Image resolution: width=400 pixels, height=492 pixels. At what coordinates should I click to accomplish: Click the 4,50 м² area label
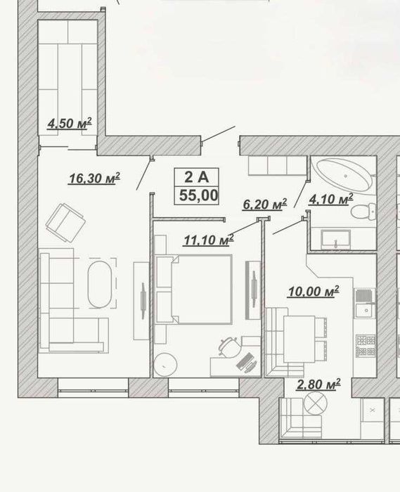point(70,123)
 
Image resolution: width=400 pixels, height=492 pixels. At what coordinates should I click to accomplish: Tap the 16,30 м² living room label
point(94,178)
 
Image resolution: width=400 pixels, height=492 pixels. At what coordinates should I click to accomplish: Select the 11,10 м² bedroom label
point(209,240)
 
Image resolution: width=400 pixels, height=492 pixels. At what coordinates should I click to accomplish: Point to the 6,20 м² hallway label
point(265,205)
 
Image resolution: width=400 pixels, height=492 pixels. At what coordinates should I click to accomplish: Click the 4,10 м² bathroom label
point(331,199)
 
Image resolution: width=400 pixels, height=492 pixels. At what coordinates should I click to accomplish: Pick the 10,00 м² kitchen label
point(314,291)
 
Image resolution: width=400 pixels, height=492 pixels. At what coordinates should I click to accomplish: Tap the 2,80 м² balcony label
point(318,384)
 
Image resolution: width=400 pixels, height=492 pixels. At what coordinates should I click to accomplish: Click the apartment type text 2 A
point(196,177)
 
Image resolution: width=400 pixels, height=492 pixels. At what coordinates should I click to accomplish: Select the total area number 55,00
point(198,195)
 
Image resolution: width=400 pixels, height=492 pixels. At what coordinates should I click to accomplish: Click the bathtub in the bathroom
point(344,175)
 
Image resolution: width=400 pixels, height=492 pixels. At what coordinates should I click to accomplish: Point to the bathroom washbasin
point(335,240)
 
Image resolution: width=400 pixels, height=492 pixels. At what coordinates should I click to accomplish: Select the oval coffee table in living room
point(99,284)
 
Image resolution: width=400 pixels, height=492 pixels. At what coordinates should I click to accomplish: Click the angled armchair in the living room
point(65,223)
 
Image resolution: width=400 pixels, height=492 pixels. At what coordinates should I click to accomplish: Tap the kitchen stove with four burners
point(366,345)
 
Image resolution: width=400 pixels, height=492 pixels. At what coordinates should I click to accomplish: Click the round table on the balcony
point(316,403)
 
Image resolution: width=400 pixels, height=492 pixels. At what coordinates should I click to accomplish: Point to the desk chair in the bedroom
point(230,347)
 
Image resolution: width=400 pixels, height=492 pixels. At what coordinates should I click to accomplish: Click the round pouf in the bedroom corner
point(165,364)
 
